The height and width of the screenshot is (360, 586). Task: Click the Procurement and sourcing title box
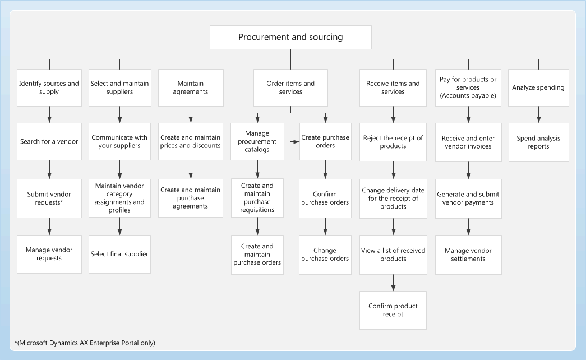290,38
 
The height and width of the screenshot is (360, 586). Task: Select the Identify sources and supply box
49,87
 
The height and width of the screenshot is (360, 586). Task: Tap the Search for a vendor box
49,142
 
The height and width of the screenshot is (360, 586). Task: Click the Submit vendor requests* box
49,199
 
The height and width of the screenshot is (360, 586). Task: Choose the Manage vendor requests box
49,254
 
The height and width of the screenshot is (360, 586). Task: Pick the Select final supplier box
119,254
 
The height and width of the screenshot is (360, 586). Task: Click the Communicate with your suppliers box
119,142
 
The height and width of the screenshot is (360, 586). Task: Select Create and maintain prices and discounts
191,142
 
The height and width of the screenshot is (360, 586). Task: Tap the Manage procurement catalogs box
257,142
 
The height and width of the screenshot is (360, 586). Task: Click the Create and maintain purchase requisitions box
257,198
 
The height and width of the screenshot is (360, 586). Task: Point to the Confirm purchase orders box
325,199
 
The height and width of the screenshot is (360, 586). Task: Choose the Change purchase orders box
325,255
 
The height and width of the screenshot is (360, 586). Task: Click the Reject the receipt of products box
393,142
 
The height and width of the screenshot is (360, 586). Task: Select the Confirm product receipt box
393,310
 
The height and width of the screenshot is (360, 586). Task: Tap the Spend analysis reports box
538,142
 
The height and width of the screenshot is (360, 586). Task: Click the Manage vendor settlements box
468,255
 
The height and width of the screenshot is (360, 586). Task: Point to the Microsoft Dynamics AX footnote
85,343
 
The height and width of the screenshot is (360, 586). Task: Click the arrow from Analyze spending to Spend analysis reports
538,114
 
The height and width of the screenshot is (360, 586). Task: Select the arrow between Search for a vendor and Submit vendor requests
49,170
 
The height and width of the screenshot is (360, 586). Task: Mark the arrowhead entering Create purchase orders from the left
296,142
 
